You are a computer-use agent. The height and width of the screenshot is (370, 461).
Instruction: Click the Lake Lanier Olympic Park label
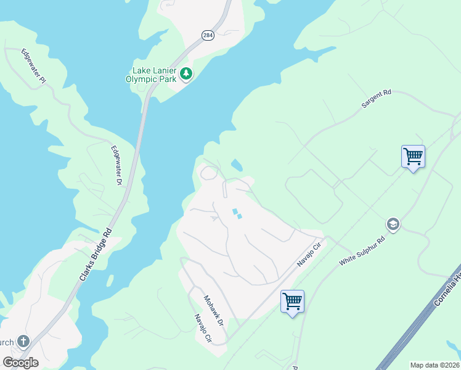[x=150, y=74]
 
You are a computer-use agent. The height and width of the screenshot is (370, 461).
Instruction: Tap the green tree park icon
[x=186, y=75]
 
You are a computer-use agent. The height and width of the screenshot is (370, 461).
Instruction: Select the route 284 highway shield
[x=206, y=35]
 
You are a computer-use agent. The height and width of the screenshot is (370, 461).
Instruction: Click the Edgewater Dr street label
[x=116, y=165]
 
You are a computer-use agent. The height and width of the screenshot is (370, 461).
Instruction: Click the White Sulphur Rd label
[x=362, y=250]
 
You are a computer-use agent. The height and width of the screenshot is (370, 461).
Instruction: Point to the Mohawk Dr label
[x=214, y=310]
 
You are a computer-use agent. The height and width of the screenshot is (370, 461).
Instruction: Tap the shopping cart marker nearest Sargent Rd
[x=413, y=156]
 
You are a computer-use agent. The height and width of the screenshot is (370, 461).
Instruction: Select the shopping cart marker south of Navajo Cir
[x=292, y=302]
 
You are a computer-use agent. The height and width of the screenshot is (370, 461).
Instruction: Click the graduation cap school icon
[x=392, y=224]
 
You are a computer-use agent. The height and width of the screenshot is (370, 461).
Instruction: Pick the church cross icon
[x=23, y=341]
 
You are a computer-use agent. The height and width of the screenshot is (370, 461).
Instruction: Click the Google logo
[x=20, y=363]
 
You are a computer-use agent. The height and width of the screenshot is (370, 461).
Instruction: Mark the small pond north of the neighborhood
[x=237, y=165]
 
